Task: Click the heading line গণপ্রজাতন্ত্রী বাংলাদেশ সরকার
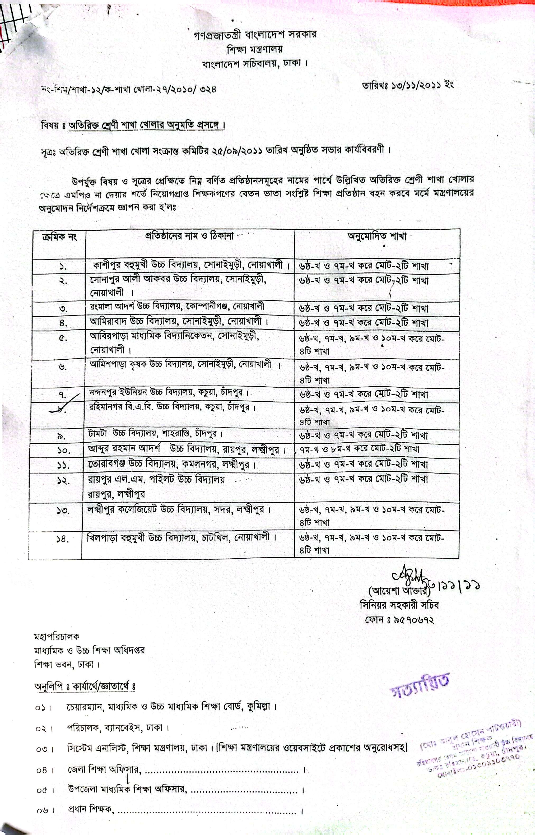tap(255, 35)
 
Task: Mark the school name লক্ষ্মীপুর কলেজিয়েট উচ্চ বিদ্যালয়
tap(179, 510)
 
